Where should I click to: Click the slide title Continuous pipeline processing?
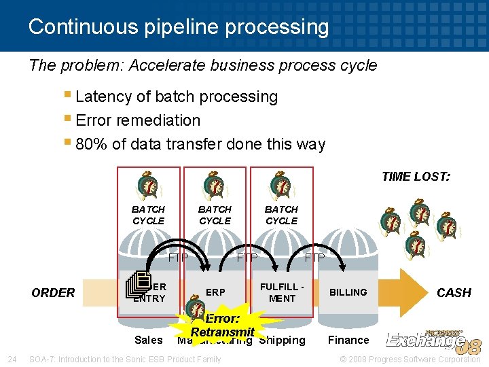[x=179, y=27]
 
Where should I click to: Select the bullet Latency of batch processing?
[x=177, y=97]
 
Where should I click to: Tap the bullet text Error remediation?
[x=138, y=120]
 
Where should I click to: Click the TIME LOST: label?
[x=416, y=177]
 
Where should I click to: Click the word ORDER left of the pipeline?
[x=53, y=293]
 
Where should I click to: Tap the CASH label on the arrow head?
[x=453, y=293]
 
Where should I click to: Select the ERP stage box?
[x=215, y=292]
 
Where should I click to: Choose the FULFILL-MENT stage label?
[x=282, y=292]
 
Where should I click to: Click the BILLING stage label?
[x=348, y=292]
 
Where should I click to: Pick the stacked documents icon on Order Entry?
[x=138, y=284]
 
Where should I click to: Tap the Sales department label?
[x=149, y=340]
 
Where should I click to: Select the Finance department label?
[x=348, y=340]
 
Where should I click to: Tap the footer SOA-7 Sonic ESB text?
[x=125, y=359]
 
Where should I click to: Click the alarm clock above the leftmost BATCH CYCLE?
[x=148, y=186]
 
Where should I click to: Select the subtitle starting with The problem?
[x=203, y=66]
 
